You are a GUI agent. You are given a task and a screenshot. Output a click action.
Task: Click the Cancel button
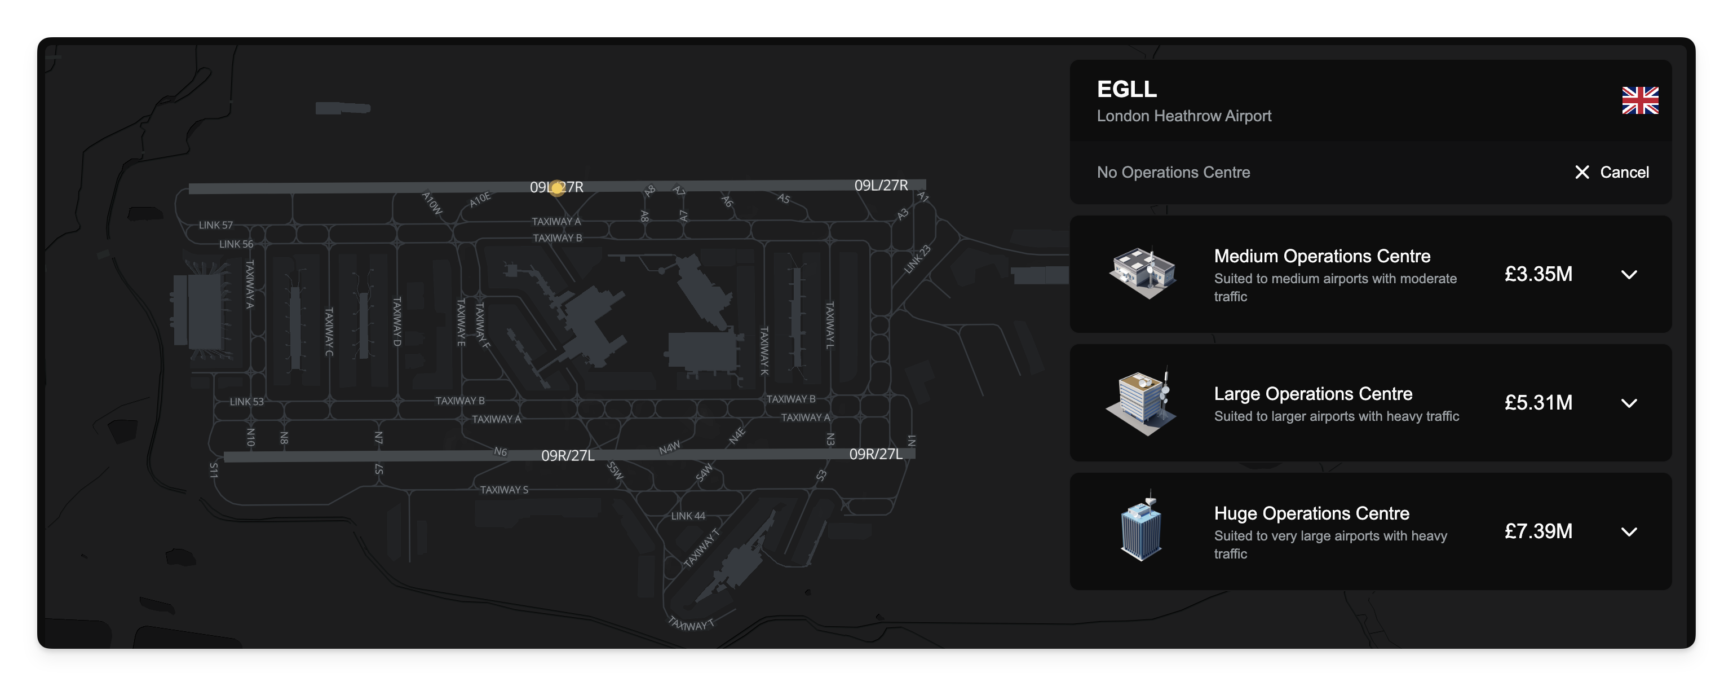(x=1612, y=172)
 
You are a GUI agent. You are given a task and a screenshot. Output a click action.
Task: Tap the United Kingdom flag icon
(x=1639, y=101)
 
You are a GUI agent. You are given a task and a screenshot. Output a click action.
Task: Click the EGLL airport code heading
(x=1127, y=89)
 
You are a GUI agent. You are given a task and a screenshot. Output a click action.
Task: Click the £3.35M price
(x=1538, y=274)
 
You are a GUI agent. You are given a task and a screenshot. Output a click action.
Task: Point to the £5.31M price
(x=1538, y=403)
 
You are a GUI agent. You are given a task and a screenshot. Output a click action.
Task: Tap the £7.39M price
(x=1538, y=531)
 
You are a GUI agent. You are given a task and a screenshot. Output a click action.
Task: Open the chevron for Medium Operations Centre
(x=1629, y=275)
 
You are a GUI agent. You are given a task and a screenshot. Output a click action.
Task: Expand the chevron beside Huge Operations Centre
(x=1629, y=532)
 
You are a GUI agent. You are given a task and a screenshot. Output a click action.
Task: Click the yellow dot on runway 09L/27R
(x=557, y=188)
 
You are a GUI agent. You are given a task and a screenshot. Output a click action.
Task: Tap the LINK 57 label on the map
(x=215, y=225)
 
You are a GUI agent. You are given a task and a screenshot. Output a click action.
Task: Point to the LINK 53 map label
(x=246, y=402)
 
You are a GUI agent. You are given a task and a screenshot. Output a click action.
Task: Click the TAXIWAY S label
(x=504, y=490)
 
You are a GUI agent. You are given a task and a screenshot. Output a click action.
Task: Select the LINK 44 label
(x=688, y=516)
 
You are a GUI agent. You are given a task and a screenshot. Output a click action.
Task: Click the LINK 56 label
(x=236, y=244)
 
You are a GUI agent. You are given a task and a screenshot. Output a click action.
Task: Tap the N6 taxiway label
(x=501, y=452)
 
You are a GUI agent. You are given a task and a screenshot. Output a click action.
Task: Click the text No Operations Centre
(x=1173, y=172)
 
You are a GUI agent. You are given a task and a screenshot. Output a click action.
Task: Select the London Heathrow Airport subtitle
(x=1184, y=116)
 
